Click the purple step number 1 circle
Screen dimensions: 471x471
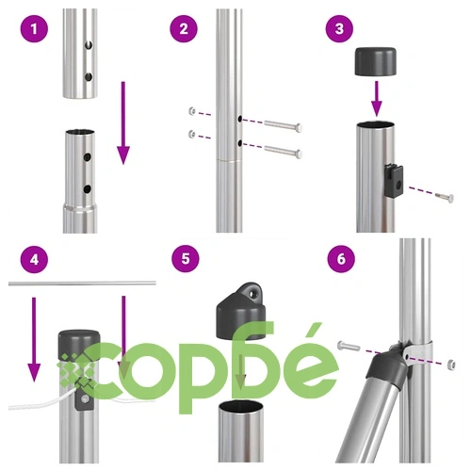tap(34, 29)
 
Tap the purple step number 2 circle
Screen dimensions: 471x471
tap(184, 29)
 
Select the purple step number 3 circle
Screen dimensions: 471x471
tap(339, 29)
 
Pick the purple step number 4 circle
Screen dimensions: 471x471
tap(34, 259)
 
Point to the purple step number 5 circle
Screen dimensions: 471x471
tap(186, 259)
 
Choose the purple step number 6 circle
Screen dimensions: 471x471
tap(341, 259)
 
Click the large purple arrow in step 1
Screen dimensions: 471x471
tap(123, 122)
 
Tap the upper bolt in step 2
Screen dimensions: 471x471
tap(284, 125)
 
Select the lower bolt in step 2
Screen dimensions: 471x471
tap(284, 152)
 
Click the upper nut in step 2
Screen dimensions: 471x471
tap(192, 111)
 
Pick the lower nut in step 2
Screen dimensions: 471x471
tap(192, 134)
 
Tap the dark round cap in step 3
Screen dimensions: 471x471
tap(375, 61)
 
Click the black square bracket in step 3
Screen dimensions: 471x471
tap(394, 180)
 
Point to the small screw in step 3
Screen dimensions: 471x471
tap(445, 197)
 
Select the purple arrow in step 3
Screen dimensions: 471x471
tap(377, 98)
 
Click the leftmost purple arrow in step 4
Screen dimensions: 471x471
tap(34, 339)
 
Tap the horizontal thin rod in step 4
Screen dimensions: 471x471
tap(82, 284)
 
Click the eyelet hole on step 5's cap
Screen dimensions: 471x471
tap(252, 294)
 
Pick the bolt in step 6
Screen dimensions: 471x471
tap(349, 346)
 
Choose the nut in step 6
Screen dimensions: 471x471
tap(451, 365)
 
